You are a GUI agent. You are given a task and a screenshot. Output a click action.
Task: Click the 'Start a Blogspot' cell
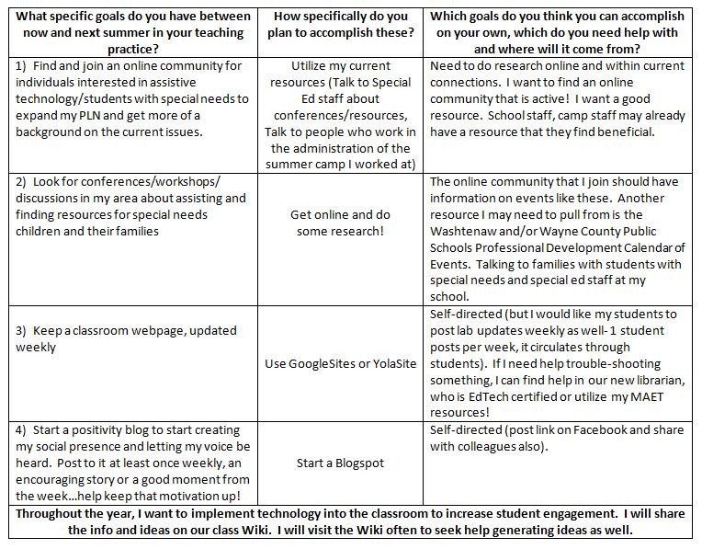[x=340, y=463]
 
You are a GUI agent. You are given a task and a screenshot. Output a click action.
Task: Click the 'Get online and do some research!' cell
[x=340, y=223]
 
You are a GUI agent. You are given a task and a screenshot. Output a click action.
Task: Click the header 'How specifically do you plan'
[x=340, y=24]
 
